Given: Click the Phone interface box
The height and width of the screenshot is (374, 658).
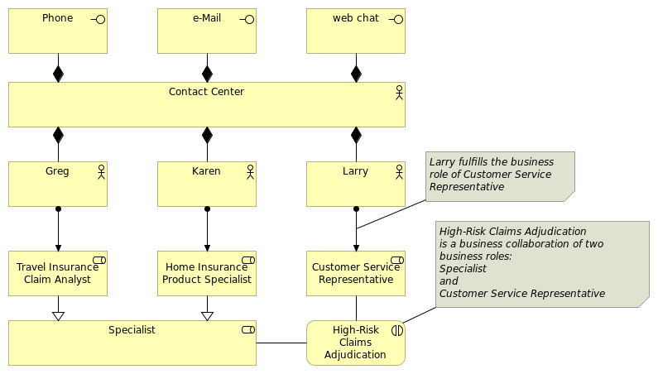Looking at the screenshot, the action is click(58, 31).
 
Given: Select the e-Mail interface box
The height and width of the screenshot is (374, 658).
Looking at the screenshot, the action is click(207, 31).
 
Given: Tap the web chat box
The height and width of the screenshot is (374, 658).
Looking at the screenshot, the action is click(356, 31).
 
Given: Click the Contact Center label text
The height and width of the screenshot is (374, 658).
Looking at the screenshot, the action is click(206, 92).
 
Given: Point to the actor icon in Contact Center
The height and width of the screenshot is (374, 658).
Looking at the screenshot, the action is click(399, 93).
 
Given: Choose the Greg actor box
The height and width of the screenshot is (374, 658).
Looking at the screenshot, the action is click(58, 184).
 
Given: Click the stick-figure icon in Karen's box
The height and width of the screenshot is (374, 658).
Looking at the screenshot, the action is click(250, 172).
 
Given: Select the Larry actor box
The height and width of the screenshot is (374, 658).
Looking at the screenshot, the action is click(356, 184).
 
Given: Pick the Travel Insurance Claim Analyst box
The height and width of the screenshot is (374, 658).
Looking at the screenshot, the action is click(58, 273).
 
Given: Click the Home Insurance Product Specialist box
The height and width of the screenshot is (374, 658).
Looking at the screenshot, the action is click(207, 273).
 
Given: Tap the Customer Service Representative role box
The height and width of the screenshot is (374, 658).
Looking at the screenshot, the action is click(356, 273).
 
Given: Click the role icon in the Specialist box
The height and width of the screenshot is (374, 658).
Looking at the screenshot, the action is click(248, 330).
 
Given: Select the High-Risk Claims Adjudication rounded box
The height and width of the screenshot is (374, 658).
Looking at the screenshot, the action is click(356, 343).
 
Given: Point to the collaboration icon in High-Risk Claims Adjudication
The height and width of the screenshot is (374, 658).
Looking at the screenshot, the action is click(397, 331).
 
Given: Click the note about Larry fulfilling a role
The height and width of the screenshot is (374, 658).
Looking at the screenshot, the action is click(500, 177).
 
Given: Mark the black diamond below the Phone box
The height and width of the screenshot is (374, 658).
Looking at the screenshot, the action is click(58, 74).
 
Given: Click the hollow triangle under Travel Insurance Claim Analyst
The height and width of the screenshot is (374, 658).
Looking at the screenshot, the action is click(58, 316).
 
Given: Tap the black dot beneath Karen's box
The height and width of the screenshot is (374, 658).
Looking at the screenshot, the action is click(207, 209).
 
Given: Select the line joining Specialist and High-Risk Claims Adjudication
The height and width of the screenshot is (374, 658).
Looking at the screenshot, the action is click(281, 343).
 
